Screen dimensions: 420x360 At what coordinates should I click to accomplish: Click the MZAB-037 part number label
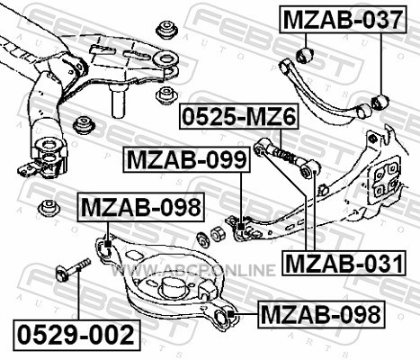(343, 19)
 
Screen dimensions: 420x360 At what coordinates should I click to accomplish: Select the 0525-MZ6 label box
(239, 116)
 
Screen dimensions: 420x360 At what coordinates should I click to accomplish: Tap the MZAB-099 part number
(186, 159)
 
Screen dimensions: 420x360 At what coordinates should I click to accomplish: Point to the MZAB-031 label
(344, 263)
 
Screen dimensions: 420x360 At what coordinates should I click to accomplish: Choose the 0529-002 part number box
(76, 335)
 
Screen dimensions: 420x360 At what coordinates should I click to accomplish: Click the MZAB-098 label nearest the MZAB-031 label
(321, 314)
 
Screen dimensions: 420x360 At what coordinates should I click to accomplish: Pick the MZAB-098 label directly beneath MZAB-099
(140, 207)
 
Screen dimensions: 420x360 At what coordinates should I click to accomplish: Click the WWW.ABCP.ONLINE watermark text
(192, 269)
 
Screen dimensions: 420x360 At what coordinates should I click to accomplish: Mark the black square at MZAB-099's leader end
(241, 227)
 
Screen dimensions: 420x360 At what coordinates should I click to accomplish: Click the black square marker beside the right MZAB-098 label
(230, 314)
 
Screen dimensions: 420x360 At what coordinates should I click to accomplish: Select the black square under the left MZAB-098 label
(108, 244)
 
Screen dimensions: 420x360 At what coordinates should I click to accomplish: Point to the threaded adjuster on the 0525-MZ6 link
(286, 155)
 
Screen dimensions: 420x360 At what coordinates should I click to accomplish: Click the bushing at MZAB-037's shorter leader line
(305, 55)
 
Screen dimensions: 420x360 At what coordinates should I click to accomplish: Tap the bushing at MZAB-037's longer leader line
(380, 103)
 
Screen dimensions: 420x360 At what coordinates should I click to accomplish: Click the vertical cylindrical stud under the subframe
(119, 101)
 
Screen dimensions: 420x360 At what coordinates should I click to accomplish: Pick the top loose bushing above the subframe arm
(167, 29)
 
